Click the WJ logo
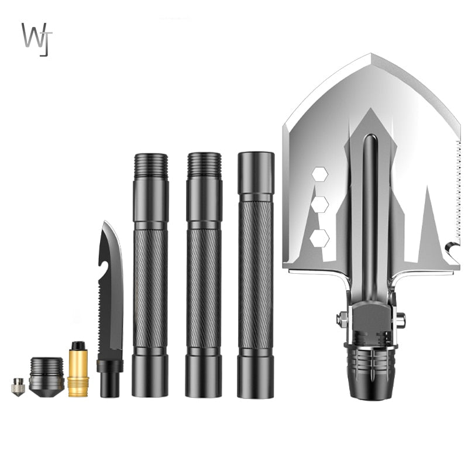tap(37, 39)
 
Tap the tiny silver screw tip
tap(18, 387)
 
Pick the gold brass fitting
tap(78, 370)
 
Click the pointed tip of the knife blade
tap(104, 224)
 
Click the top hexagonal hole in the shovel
tap(319, 174)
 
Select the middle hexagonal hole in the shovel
tap(319, 204)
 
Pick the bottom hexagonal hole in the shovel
tap(319, 238)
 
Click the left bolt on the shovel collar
tap(342, 319)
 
